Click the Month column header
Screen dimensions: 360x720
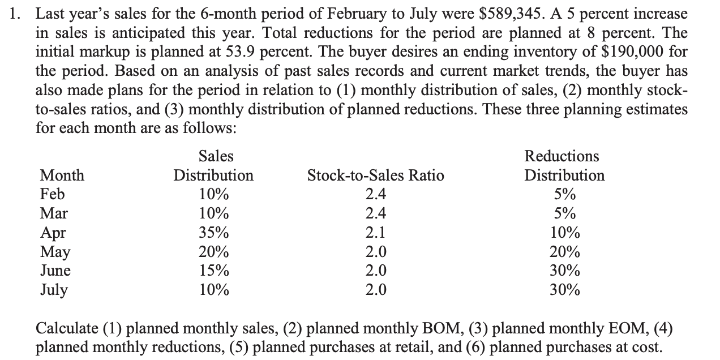[62, 175]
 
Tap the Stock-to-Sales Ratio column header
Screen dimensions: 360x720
[375, 175]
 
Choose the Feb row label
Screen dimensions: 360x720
[52, 195]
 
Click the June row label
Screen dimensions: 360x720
[55, 271]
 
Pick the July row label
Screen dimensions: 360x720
[53, 290]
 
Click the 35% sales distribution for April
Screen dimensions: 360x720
[213, 233]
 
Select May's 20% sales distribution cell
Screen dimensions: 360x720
[213, 252]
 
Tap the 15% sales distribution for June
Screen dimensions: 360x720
[213, 271]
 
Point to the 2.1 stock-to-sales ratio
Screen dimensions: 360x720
[376, 233]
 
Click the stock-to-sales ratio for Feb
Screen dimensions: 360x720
[376, 195]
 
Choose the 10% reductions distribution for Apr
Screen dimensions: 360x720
[564, 233]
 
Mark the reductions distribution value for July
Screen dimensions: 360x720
[564, 290]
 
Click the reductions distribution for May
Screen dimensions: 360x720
[564, 252]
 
